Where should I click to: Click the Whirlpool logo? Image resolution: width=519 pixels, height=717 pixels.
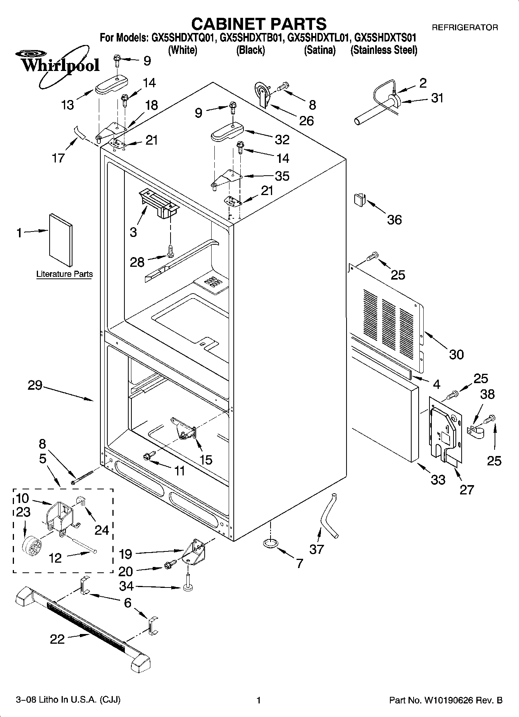(58, 65)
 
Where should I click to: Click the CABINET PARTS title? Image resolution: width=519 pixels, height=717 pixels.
(259, 24)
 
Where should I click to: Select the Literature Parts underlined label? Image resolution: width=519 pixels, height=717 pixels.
(64, 274)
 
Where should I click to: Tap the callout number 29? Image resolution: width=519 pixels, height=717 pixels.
(35, 385)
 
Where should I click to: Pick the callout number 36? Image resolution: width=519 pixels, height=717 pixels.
(395, 220)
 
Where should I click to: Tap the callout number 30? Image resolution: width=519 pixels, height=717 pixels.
(456, 354)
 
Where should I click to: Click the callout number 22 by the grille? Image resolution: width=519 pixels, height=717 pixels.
(57, 639)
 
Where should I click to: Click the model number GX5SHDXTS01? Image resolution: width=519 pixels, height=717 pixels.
(386, 38)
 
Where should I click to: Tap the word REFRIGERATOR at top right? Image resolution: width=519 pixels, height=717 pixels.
(465, 28)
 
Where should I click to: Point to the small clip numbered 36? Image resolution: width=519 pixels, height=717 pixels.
(359, 200)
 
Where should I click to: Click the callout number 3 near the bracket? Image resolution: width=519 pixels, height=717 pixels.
(133, 232)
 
